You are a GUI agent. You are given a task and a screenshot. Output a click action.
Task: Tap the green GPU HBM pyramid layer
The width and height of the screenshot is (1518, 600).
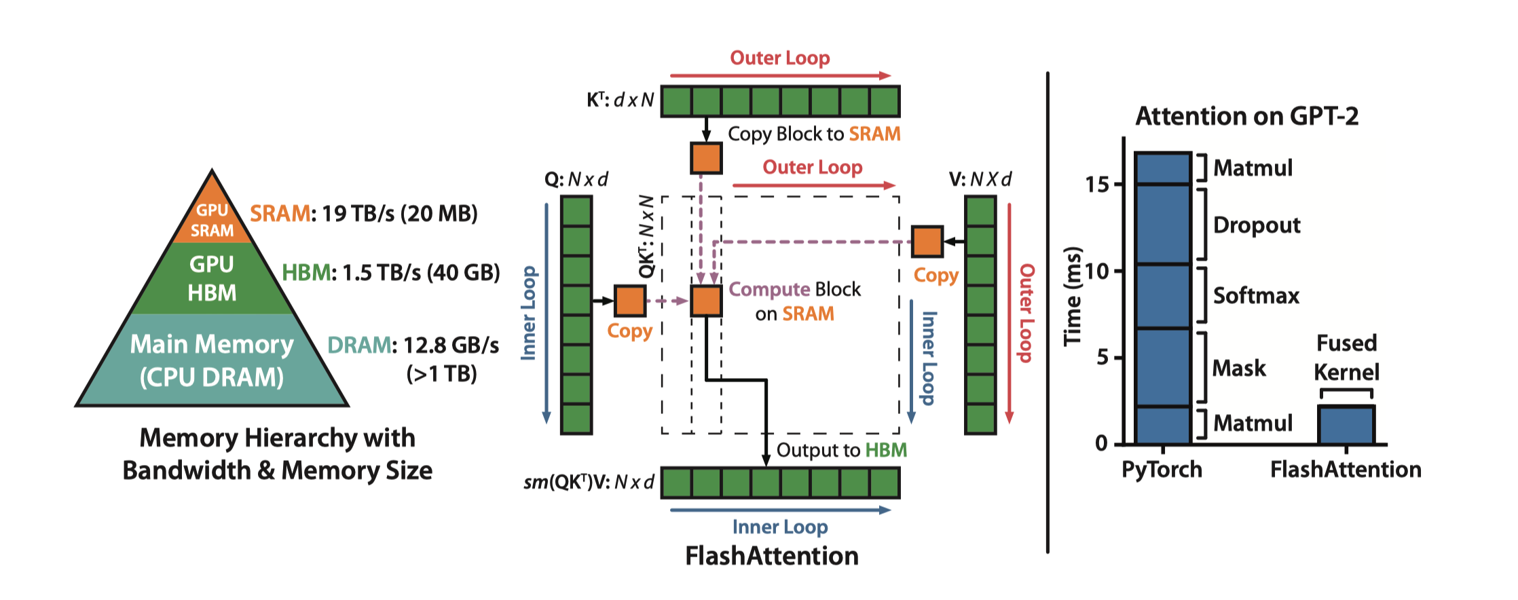click(212, 278)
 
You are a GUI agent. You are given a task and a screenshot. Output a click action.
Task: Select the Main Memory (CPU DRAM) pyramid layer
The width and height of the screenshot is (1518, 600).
click(212, 360)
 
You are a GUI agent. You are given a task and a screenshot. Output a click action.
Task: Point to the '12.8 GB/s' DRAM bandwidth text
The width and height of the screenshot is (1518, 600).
click(451, 345)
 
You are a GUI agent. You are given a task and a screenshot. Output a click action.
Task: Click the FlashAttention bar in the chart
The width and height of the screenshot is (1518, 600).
click(1346, 425)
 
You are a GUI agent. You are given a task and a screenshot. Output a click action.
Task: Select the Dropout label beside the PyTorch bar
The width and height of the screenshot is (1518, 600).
click(1257, 225)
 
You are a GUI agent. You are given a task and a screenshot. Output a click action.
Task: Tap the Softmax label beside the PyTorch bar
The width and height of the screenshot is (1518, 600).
click(1256, 296)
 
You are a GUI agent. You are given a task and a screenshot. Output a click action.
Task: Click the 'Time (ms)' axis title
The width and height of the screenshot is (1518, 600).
click(1073, 296)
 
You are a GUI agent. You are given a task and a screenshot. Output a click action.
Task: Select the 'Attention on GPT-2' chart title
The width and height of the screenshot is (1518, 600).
click(1247, 117)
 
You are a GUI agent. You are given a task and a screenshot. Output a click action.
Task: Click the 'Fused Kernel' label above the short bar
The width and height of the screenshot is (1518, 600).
click(1346, 358)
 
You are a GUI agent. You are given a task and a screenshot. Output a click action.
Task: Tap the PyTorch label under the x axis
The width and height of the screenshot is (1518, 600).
click(1162, 470)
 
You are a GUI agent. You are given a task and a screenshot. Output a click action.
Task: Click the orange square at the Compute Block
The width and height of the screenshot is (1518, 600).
click(706, 301)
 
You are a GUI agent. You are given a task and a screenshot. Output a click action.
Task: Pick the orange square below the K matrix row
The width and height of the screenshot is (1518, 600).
click(706, 158)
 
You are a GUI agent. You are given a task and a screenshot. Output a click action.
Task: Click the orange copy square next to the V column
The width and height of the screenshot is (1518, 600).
click(927, 242)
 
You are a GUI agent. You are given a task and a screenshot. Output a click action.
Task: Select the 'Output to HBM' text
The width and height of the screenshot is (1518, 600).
click(841, 451)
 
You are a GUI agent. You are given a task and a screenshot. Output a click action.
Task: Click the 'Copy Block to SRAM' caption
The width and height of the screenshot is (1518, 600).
click(813, 134)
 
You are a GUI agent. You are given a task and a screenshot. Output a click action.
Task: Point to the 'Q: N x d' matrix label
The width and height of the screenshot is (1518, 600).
click(576, 180)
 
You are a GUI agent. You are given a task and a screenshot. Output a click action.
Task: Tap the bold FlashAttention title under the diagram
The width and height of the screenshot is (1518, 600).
click(772, 557)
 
